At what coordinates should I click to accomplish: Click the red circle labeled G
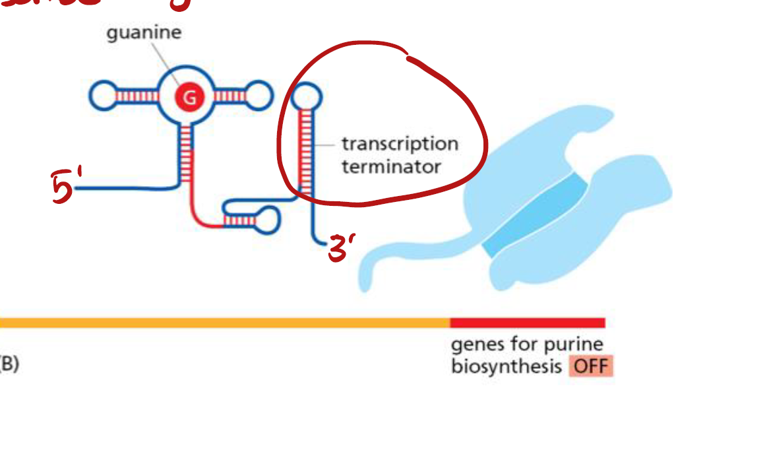pyautogui.click(x=189, y=98)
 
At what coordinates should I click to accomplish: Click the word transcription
pyautogui.click(x=400, y=144)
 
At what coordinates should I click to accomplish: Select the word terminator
pyautogui.click(x=391, y=166)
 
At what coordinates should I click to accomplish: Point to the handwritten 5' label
pyautogui.click(x=66, y=187)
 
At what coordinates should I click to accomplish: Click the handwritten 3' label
pyautogui.click(x=342, y=249)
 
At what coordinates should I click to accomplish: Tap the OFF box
pyautogui.click(x=591, y=366)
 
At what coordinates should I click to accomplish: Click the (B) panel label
pyautogui.click(x=9, y=364)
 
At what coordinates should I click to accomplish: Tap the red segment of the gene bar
pyautogui.click(x=527, y=323)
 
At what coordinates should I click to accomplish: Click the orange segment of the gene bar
pyautogui.click(x=224, y=323)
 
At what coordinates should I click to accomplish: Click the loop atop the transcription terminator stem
pyautogui.click(x=306, y=98)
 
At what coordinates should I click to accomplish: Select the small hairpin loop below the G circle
pyautogui.click(x=268, y=219)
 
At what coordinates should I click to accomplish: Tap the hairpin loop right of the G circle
pyautogui.click(x=258, y=96)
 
